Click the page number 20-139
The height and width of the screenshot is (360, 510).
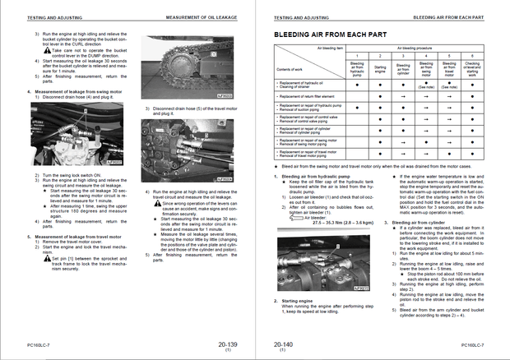click(x=228, y=345)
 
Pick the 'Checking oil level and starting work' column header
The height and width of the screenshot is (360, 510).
click(x=471, y=69)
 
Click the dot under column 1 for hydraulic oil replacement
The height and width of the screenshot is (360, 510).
click(x=357, y=85)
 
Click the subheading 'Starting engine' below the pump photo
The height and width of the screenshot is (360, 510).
click(x=296, y=301)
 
